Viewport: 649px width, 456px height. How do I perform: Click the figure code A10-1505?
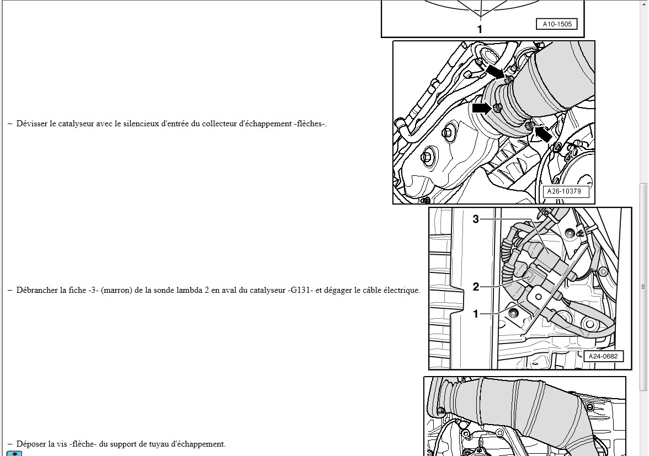tap(557, 24)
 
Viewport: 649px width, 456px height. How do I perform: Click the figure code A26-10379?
tap(564, 191)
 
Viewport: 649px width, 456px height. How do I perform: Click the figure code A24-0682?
tap(603, 356)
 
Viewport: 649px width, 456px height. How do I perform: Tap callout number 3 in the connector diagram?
tap(476, 219)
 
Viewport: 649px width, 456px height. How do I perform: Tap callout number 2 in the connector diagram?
tap(476, 287)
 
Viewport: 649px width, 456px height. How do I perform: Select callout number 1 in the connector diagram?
tap(476, 314)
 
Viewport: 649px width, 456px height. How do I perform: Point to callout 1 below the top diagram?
tap(480, 29)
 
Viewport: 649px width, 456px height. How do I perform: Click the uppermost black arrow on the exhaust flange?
tap(495, 71)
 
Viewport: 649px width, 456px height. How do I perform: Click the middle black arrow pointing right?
tap(482, 108)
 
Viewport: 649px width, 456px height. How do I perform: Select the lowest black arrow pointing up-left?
tap(543, 133)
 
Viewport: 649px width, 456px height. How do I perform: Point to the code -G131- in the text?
tap(300, 290)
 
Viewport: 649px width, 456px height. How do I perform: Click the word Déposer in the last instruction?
tap(31, 444)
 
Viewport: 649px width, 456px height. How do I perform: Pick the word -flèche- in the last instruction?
tap(84, 444)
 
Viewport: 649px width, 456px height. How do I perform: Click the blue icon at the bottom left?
tap(14, 454)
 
